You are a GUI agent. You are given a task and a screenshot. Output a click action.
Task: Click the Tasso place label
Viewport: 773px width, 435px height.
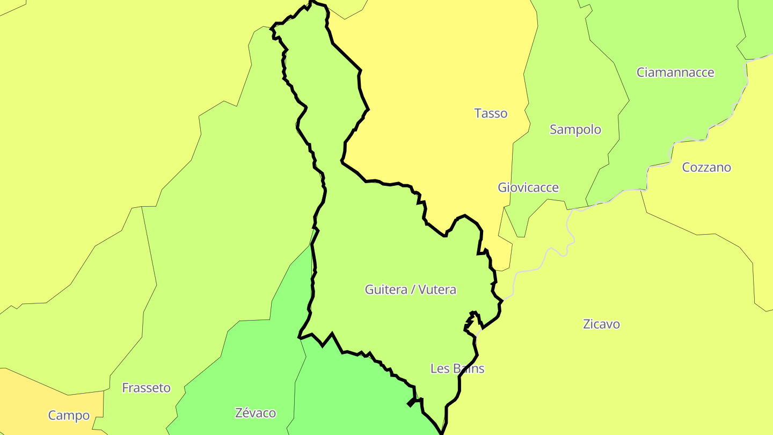[491, 113]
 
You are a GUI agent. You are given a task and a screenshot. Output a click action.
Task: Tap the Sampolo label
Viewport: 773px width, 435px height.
[575, 129]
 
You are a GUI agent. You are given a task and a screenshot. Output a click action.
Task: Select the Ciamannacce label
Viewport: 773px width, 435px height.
[675, 73]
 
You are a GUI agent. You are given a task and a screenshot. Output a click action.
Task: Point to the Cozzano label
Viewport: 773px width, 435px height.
[706, 168]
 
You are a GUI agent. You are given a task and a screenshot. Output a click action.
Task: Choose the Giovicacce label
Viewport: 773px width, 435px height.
[528, 187]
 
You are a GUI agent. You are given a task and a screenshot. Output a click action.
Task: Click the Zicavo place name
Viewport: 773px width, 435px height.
[601, 324]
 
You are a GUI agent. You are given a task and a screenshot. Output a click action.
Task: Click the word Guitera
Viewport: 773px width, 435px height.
[386, 290]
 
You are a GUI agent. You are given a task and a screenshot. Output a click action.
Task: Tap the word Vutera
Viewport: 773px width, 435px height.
[437, 290]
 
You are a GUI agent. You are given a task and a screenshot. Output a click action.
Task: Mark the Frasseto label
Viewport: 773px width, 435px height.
[146, 388]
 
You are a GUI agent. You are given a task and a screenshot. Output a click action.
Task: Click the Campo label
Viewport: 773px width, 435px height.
[69, 416]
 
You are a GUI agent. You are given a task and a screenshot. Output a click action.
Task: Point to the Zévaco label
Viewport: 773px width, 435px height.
[256, 413]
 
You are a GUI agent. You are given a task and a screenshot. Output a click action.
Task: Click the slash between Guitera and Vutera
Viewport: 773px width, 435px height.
[413, 290]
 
